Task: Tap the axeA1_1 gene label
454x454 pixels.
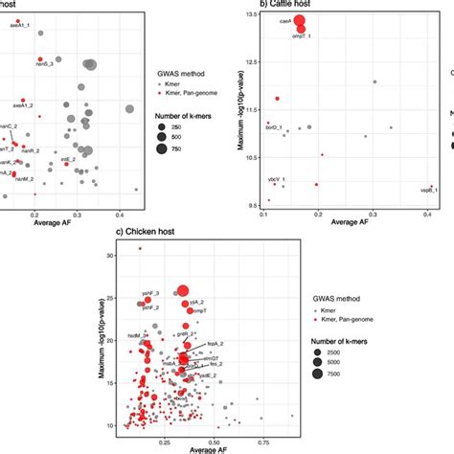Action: click(20, 26)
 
